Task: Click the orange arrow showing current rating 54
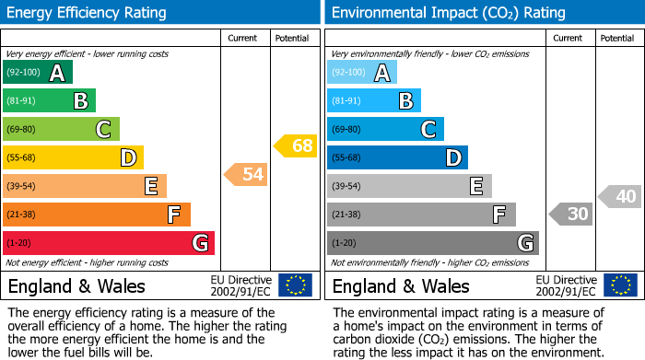click(247, 174)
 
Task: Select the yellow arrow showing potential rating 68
click(296, 145)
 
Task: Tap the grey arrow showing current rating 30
click(571, 214)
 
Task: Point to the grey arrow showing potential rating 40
click(620, 196)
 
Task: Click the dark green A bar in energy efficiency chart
click(37, 73)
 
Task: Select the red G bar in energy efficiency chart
click(109, 243)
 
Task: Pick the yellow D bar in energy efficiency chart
click(73, 157)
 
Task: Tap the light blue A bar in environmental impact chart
click(362, 73)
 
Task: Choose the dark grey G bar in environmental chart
click(432, 243)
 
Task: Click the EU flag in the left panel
click(295, 285)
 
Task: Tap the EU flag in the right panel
click(622, 285)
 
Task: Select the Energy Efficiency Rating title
click(88, 13)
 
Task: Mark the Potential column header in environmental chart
click(616, 38)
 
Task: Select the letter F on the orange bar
click(173, 215)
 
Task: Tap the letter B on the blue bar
click(405, 101)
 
